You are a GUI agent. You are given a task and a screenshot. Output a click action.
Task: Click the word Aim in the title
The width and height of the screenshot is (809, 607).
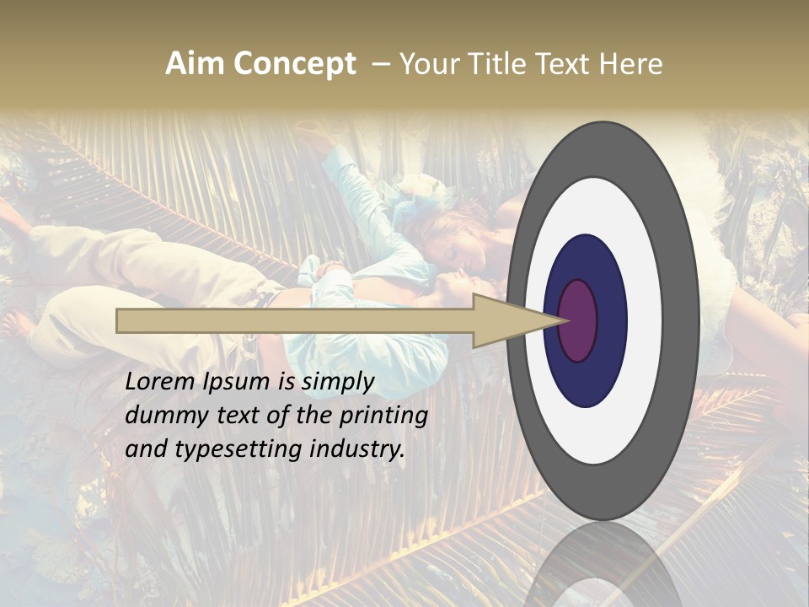[x=196, y=64]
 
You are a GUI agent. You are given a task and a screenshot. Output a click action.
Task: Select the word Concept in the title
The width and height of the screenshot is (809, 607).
[x=296, y=64]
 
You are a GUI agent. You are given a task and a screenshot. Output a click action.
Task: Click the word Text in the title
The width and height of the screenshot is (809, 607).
[x=566, y=64]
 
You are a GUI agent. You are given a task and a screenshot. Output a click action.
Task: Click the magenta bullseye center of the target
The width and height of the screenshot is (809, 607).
[x=578, y=321]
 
